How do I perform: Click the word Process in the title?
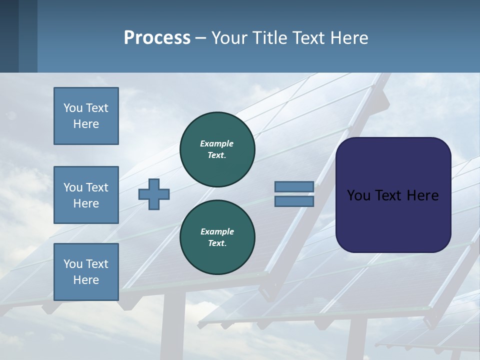157,38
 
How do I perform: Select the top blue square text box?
86,116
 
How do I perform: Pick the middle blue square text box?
86,195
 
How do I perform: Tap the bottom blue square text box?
86,272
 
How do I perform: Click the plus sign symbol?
154,194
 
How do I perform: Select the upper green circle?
217,149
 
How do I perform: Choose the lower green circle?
217,237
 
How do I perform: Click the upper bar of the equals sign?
294,186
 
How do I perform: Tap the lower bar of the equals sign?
294,201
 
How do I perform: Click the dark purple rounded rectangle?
393,194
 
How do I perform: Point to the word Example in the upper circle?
217,143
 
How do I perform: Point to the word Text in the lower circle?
216,243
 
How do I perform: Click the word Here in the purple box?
422,195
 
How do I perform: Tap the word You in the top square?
72,108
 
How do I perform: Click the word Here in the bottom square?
86,280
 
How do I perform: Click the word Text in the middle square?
96,187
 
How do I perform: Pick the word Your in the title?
228,38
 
